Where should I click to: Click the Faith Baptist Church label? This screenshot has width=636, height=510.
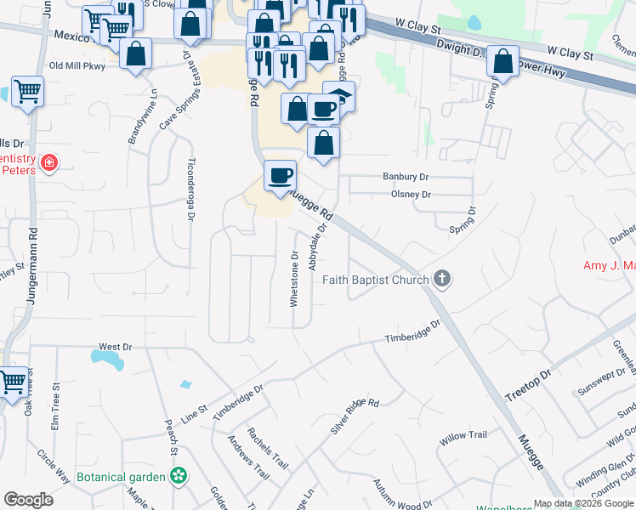point(375,280)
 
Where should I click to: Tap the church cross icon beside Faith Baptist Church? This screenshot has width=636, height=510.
point(441,278)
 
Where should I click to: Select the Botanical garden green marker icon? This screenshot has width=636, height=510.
point(179,476)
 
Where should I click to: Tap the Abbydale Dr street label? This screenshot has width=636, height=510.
point(321,241)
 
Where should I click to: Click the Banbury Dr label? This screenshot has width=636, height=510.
point(410,178)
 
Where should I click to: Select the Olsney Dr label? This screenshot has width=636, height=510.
point(412,195)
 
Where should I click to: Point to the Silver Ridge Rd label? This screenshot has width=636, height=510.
point(354,416)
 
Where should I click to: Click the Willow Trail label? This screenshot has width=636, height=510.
point(463,435)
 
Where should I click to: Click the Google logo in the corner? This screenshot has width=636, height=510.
point(28,499)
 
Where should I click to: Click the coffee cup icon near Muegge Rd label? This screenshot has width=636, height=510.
point(281,176)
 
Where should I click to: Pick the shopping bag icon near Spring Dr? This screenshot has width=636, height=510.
point(503,62)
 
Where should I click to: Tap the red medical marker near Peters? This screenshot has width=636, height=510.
point(48,161)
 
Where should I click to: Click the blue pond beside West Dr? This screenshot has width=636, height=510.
point(107,362)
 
